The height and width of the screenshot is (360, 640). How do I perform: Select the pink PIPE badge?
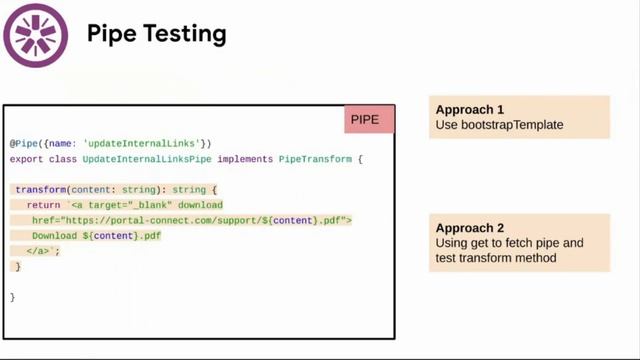tap(370, 120)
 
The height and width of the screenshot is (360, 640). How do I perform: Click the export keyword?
tap(27, 158)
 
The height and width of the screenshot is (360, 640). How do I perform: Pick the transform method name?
tap(41, 189)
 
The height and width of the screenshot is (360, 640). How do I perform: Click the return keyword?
tap(45, 204)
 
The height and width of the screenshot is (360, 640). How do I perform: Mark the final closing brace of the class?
tap(13, 298)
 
